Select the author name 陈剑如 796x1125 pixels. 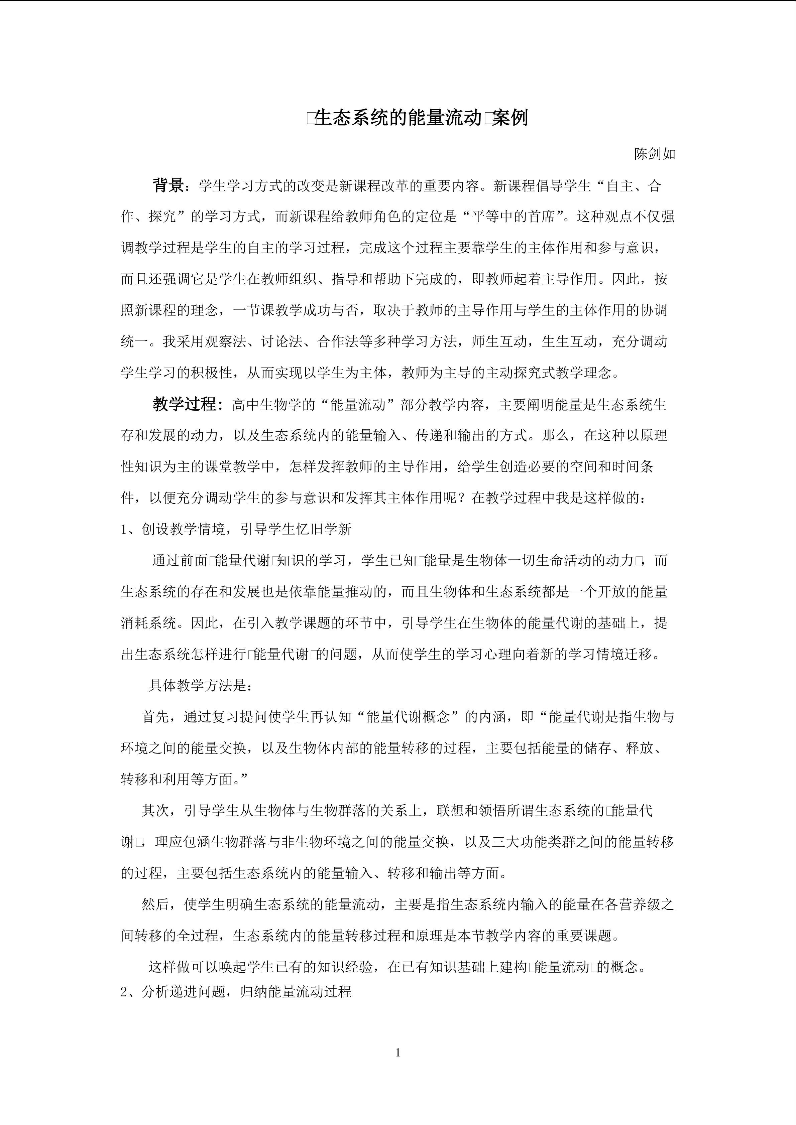[x=655, y=154]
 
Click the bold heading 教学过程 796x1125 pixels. [x=184, y=404]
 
